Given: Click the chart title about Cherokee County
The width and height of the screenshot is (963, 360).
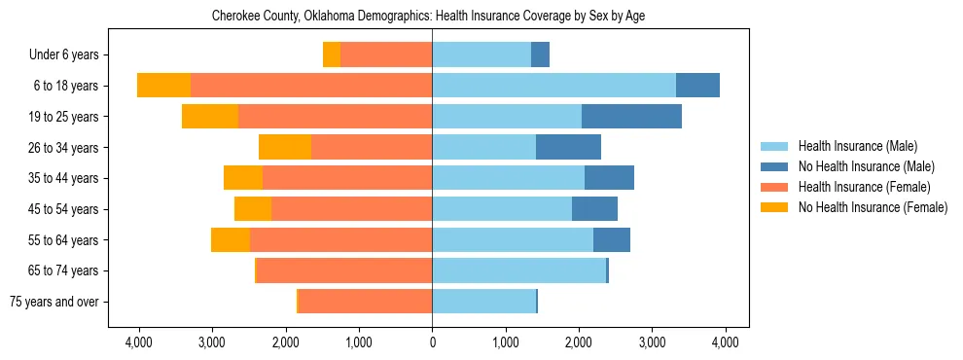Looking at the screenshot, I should coord(428,16).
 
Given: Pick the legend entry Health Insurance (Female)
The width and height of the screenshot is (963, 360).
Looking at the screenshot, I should coord(864,187).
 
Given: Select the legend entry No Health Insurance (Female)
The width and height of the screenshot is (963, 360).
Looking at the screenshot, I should coord(873,207).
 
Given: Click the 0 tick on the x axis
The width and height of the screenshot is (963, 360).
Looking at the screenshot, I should coord(432,342).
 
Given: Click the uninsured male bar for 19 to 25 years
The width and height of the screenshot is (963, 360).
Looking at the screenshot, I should coord(631,117).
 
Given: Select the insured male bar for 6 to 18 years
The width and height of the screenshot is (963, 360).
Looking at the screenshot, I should coord(553,86).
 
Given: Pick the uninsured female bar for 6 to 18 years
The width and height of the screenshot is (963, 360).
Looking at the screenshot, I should coord(163,86).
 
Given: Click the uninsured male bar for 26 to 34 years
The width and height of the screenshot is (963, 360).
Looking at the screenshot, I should coord(568,148).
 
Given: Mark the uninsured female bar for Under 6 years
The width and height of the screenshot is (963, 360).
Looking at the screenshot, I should coord(332,55).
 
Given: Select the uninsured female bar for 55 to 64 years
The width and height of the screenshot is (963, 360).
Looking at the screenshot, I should coord(231,240).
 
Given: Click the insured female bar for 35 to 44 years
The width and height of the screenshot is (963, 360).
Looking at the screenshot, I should coord(347,178).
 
